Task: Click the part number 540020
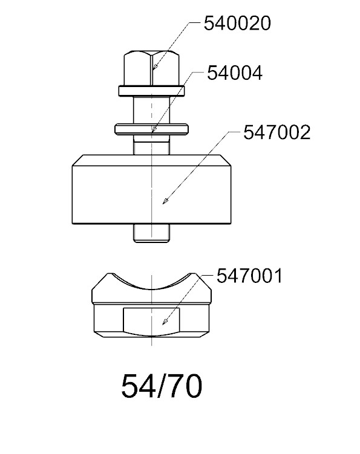(x=237, y=23)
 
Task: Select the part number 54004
(x=235, y=73)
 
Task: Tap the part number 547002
(x=277, y=132)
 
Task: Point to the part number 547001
(x=249, y=276)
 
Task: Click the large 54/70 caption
(x=162, y=386)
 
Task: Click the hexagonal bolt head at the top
(x=151, y=68)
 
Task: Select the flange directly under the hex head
(x=152, y=91)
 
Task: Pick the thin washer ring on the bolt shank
(x=152, y=129)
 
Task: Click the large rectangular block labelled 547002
(x=152, y=189)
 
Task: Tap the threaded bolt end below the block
(x=151, y=233)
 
